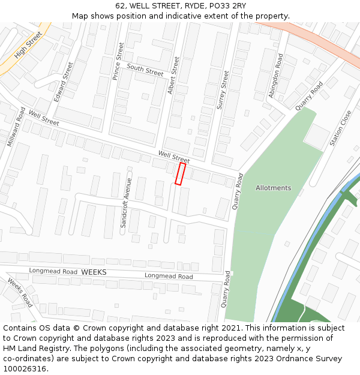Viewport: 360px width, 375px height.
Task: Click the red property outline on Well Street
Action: pyautogui.click(x=179, y=173)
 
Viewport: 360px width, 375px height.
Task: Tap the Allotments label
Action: pyautogui.click(x=273, y=188)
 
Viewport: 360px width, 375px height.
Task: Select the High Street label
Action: pyautogui.click(x=28, y=45)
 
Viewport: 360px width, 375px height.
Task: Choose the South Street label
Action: pyautogui.click(x=145, y=70)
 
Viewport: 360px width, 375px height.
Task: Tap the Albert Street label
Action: pyautogui.click(x=173, y=76)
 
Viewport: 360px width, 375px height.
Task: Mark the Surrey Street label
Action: pyautogui.click(x=223, y=89)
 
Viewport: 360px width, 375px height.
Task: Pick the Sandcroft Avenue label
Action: pyautogui.click(x=125, y=202)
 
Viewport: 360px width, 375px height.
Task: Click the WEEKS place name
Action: pyautogui.click(x=94, y=272)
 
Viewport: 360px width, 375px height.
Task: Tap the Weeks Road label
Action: pyautogui.click(x=20, y=292)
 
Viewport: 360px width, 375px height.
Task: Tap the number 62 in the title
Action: pyautogui.click(x=121, y=6)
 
